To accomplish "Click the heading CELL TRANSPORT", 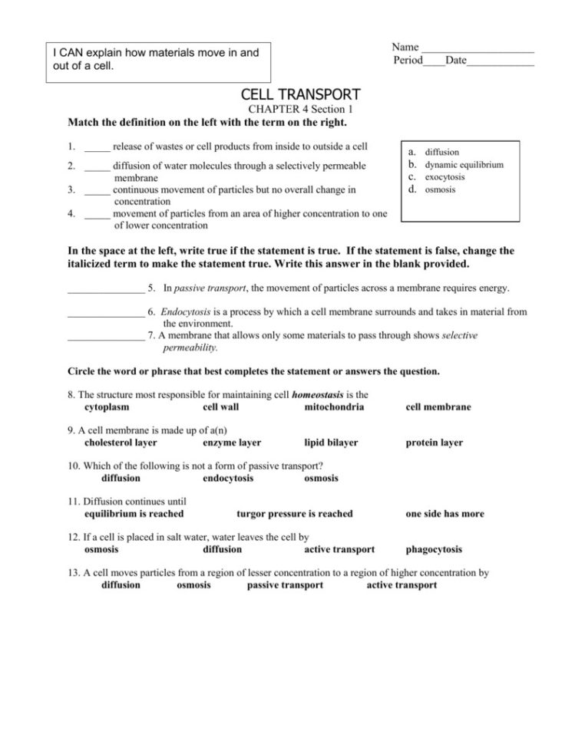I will (x=300, y=94).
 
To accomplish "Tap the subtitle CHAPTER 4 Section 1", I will (x=300, y=110).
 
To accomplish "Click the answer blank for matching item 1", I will (x=97, y=147).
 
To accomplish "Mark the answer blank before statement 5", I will (x=105, y=288).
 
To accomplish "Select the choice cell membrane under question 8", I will (x=438, y=407).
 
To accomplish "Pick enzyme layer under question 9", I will (x=231, y=443).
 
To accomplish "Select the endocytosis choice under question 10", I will (x=228, y=478).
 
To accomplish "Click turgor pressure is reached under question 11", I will (x=294, y=514).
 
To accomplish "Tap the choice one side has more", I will (x=444, y=514).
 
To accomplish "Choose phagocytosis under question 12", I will (x=433, y=549).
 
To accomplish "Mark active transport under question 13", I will (x=402, y=585).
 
